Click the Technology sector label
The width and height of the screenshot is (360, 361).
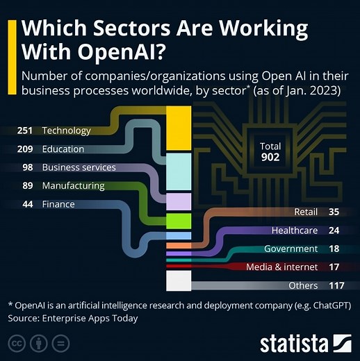66,131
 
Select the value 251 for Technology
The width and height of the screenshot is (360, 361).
26,131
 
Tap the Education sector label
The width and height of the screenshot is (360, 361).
63,149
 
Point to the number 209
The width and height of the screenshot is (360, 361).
26,149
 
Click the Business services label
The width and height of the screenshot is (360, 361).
79,167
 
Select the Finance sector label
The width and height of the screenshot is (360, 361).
58,204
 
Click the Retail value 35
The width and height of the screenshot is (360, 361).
334,212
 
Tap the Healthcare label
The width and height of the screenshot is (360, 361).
295,230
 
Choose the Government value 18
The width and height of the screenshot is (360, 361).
334,249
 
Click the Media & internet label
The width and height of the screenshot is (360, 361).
282,267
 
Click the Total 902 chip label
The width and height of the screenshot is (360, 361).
270,152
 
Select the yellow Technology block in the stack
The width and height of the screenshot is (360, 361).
179,127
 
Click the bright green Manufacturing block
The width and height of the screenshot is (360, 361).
179,221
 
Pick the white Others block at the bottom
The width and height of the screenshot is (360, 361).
179,280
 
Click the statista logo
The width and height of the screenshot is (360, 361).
305,343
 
